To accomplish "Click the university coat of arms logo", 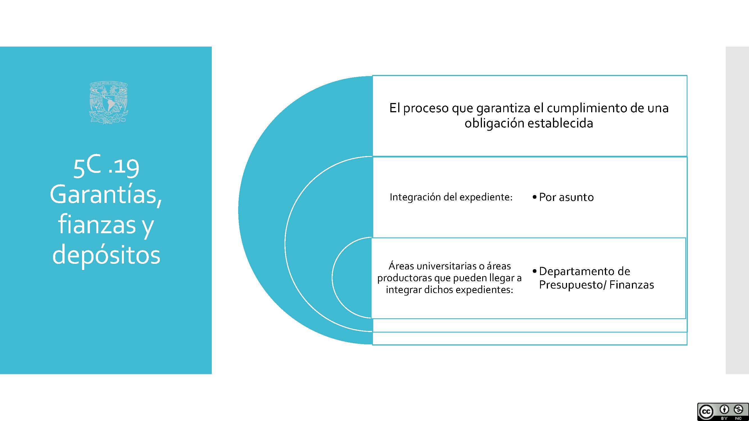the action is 108,103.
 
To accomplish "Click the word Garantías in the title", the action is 106,196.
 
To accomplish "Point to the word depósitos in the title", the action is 106,255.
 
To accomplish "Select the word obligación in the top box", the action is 494,123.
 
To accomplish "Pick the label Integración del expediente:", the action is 451,197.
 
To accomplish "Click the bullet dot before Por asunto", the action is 534,197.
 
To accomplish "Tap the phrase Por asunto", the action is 566,197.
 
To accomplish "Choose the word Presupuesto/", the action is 573,285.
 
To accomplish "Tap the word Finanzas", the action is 632,285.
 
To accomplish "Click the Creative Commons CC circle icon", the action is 706,411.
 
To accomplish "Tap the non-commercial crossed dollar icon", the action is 739,409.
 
